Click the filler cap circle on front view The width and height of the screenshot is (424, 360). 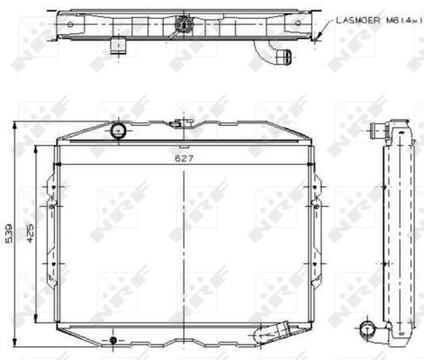pos(118,132)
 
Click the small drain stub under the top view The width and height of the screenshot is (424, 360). pos(116,44)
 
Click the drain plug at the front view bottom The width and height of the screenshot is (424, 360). pos(113,340)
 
